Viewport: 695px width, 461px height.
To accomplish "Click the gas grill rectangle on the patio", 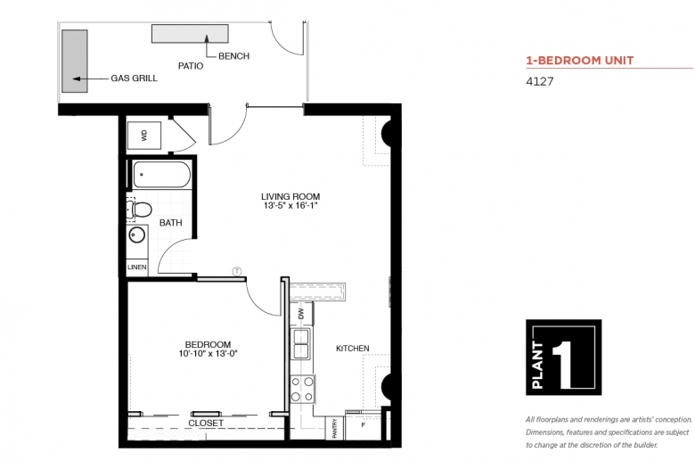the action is click(75, 62).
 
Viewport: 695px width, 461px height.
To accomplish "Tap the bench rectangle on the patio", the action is click(190, 34).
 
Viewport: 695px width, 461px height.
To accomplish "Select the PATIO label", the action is click(191, 66).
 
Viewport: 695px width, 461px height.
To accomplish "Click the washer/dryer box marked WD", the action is click(144, 136).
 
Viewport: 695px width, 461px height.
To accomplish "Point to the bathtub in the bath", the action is click(162, 175).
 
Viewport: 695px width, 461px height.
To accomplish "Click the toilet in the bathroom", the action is click(139, 210).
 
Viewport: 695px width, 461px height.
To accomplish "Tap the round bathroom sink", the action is click(137, 235).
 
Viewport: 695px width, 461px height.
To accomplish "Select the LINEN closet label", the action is click(137, 268).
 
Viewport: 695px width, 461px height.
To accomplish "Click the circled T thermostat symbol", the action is click(237, 271).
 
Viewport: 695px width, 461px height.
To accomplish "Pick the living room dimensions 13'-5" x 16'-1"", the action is click(290, 206).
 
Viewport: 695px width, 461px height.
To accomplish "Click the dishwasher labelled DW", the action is click(302, 314).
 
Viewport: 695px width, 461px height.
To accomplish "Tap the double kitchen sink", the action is click(301, 343).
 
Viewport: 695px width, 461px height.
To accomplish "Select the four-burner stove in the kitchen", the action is click(302, 389).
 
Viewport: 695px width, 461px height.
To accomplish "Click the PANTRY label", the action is click(335, 429).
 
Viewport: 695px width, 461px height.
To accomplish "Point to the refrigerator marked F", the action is click(363, 425).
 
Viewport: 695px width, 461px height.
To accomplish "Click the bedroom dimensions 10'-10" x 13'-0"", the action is click(208, 354).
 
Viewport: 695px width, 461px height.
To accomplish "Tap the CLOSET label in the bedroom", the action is click(206, 424).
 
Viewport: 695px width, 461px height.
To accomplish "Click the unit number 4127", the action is click(539, 81).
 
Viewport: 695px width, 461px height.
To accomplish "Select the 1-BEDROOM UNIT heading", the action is click(580, 61).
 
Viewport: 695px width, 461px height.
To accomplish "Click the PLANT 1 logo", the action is click(563, 358).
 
